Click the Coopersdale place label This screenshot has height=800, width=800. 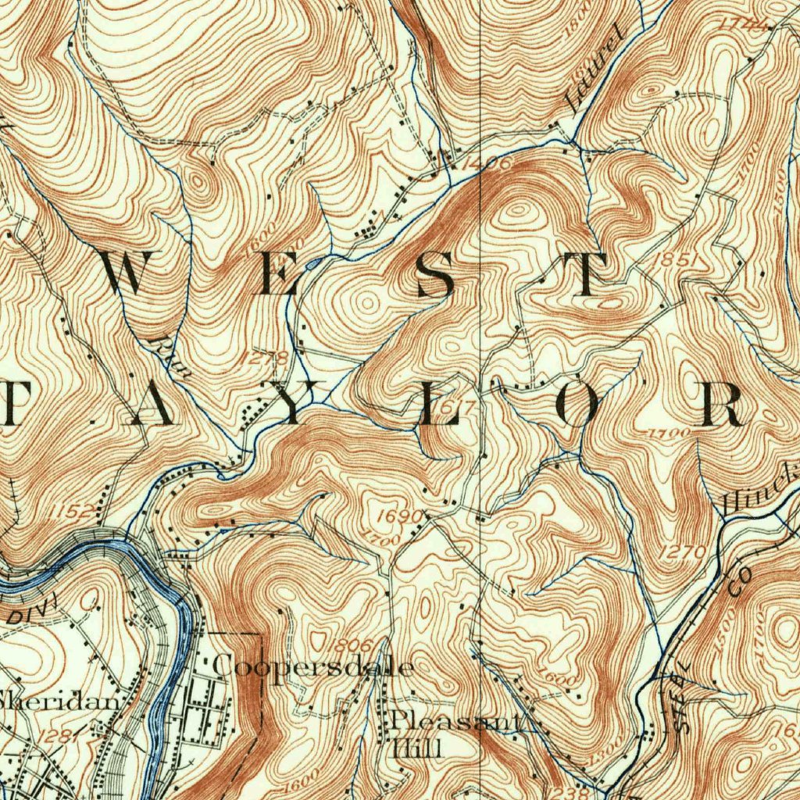312,666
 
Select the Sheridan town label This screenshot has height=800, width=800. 61,701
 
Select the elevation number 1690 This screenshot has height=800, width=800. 399,516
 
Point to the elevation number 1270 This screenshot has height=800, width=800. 682,552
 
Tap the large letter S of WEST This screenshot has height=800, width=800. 435,275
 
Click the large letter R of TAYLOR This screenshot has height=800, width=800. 720,405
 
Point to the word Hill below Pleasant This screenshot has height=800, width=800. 418,749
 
